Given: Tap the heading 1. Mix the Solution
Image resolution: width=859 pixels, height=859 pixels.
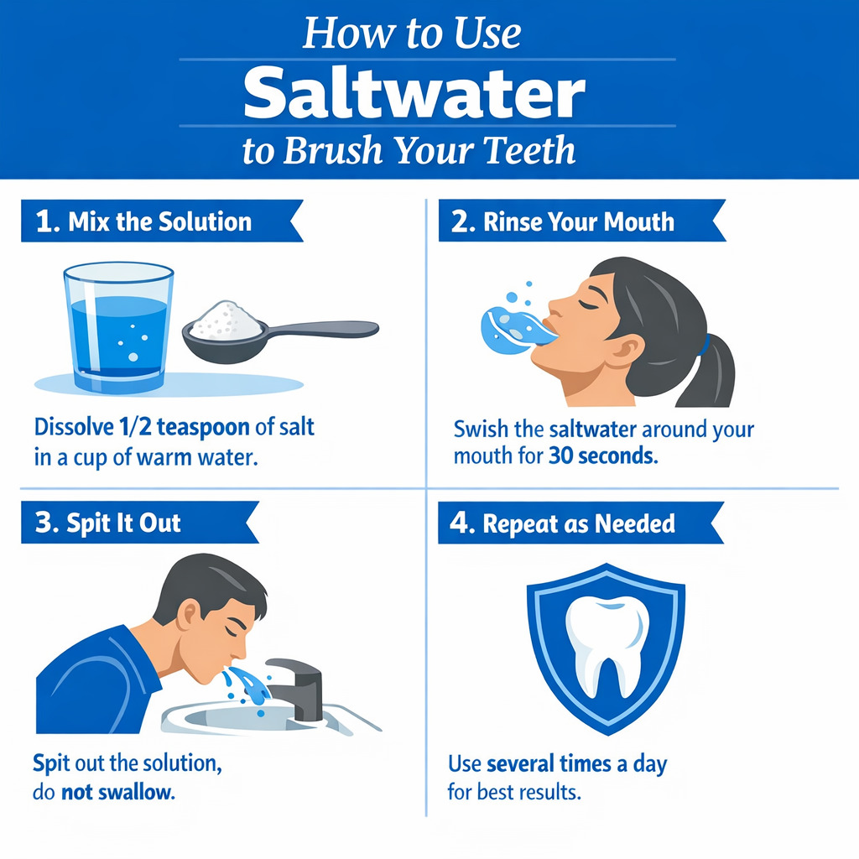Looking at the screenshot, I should click(143, 221).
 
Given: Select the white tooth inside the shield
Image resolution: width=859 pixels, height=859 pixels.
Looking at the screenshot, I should click(606, 642).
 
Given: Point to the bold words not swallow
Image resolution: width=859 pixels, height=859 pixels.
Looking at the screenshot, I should click(117, 792).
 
